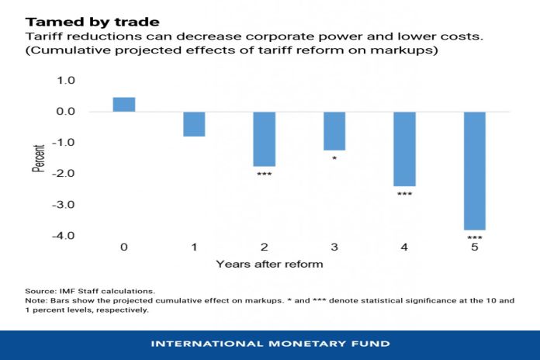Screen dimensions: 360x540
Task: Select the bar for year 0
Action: point(124,105)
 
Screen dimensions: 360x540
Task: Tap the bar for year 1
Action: point(194,124)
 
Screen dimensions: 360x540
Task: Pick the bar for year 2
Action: point(265,139)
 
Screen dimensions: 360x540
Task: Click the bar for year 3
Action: point(334,131)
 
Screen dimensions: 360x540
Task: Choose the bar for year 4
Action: point(404,149)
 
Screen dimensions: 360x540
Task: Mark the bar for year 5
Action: point(475,171)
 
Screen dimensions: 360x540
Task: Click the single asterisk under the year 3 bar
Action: point(334,159)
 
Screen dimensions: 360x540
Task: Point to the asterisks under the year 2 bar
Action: point(265,175)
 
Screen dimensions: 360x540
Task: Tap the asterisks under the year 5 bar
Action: point(475,238)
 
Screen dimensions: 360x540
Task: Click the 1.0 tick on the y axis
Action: point(66,81)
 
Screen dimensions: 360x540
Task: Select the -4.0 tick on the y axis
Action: point(64,236)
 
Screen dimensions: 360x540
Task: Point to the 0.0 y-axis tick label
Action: point(66,112)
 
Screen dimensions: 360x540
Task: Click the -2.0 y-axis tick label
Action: point(64,174)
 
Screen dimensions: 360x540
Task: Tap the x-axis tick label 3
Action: point(334,247)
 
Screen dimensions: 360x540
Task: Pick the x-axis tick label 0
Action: point(124,247)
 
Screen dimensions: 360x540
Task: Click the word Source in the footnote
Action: point(40,290)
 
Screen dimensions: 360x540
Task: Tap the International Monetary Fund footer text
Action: point(270,344)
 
